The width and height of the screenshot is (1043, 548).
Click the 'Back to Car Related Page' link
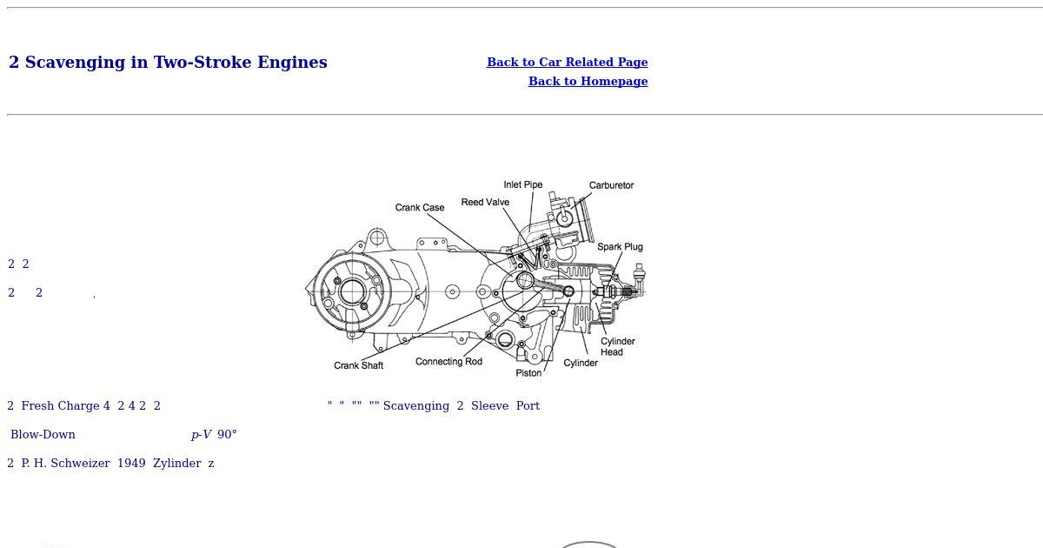567,62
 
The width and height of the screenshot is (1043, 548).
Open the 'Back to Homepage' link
588,81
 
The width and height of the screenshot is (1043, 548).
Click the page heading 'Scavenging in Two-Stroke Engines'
176,63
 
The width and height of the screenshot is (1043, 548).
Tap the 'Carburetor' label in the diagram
611,185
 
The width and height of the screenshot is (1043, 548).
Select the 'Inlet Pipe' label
523,185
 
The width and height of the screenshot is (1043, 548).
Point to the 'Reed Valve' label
485,202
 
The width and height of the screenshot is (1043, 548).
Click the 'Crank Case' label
420,208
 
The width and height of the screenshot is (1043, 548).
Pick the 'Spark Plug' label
620,247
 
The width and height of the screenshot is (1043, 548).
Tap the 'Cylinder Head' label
617,347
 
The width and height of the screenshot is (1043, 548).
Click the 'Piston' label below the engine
528,373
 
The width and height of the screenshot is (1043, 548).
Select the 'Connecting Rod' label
448,362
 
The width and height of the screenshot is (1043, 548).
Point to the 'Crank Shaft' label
358,366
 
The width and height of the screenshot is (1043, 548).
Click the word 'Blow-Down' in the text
43,435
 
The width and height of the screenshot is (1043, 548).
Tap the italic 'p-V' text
201,435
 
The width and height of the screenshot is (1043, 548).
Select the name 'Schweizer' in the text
80,464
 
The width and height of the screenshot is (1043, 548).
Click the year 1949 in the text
131,464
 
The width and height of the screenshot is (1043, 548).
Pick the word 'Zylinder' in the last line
177,464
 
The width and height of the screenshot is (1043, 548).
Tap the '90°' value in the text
227,435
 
